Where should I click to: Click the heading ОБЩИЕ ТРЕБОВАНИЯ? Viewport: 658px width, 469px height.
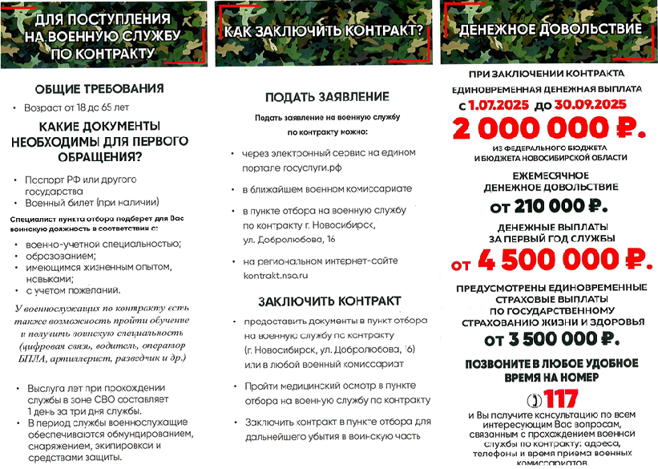click(x=99, y=88)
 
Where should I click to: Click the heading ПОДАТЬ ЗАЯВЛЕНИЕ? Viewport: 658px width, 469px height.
click(x=327, y=96)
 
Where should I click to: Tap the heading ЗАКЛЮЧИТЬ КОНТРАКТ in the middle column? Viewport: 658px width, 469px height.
click(x=329, y=301)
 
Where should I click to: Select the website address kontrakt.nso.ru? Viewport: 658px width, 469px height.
click(x=276, y=276)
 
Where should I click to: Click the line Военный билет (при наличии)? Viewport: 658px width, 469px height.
click(x=92, y=201)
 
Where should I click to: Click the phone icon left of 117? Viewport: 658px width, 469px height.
click(x=533, y=399)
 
